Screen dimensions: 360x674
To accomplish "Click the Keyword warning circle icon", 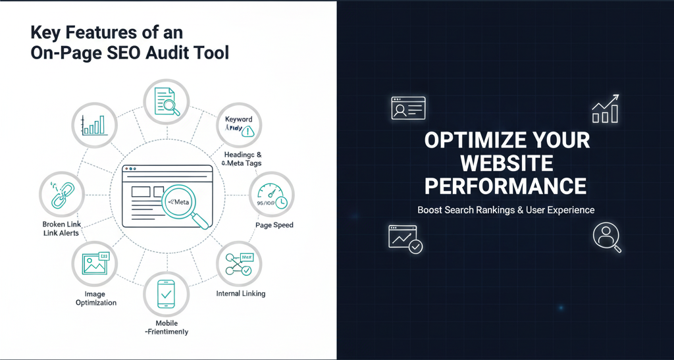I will coord(239,125).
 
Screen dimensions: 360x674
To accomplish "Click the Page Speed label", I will coord(274,225).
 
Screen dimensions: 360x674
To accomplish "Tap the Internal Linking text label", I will coord(241,293).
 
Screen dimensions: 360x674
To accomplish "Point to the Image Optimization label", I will coord(96,298).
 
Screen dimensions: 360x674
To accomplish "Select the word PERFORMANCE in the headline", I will coord(505,186).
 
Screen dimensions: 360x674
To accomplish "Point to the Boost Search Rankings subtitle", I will coord(505,210).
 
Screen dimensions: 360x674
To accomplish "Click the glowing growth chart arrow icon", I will coord(605,109).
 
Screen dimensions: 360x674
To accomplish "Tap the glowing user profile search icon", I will coord(606,238).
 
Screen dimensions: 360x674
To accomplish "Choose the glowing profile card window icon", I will coord(408,108).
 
